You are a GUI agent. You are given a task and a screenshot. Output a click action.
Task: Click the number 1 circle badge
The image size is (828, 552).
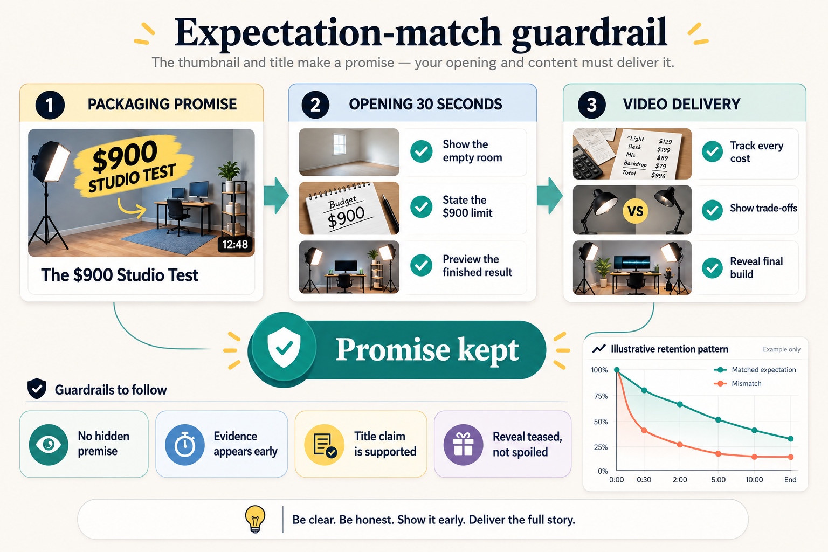[50, 105]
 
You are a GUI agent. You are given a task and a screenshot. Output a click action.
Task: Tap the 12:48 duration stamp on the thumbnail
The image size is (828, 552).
[235, 244]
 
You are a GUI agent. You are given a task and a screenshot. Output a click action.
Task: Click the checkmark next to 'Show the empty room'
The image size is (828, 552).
[422, 151]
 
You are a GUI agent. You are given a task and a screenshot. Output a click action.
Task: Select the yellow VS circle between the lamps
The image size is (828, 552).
[635, 211]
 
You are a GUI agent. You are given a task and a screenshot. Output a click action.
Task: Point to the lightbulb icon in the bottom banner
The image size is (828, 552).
[255, 519]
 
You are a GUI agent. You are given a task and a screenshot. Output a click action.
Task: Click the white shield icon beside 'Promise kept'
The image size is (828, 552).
[284, 347]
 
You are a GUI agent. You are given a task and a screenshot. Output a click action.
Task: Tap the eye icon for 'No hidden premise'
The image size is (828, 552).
[49, 444]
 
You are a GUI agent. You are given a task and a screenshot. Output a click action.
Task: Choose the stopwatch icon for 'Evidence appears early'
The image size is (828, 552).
[184, 444]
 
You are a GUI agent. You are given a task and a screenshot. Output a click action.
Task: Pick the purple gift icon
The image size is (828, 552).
[463, 444]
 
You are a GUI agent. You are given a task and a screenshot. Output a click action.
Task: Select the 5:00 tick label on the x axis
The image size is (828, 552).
[718, 480]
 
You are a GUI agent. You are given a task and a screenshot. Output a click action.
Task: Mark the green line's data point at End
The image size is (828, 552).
[791, 439]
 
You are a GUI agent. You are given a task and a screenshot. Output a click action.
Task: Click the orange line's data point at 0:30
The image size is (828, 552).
[644, 430]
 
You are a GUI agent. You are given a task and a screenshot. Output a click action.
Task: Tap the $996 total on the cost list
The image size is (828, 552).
[658, 175]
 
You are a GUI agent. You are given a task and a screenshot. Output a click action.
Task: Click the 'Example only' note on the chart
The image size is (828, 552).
[782, 349]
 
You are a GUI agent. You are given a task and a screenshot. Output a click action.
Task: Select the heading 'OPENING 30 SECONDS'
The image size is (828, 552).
[425, 104]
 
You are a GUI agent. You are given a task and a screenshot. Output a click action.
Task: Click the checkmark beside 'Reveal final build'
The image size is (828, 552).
[712, 268]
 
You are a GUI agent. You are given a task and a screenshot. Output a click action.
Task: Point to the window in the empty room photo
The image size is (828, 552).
[339, 144]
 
